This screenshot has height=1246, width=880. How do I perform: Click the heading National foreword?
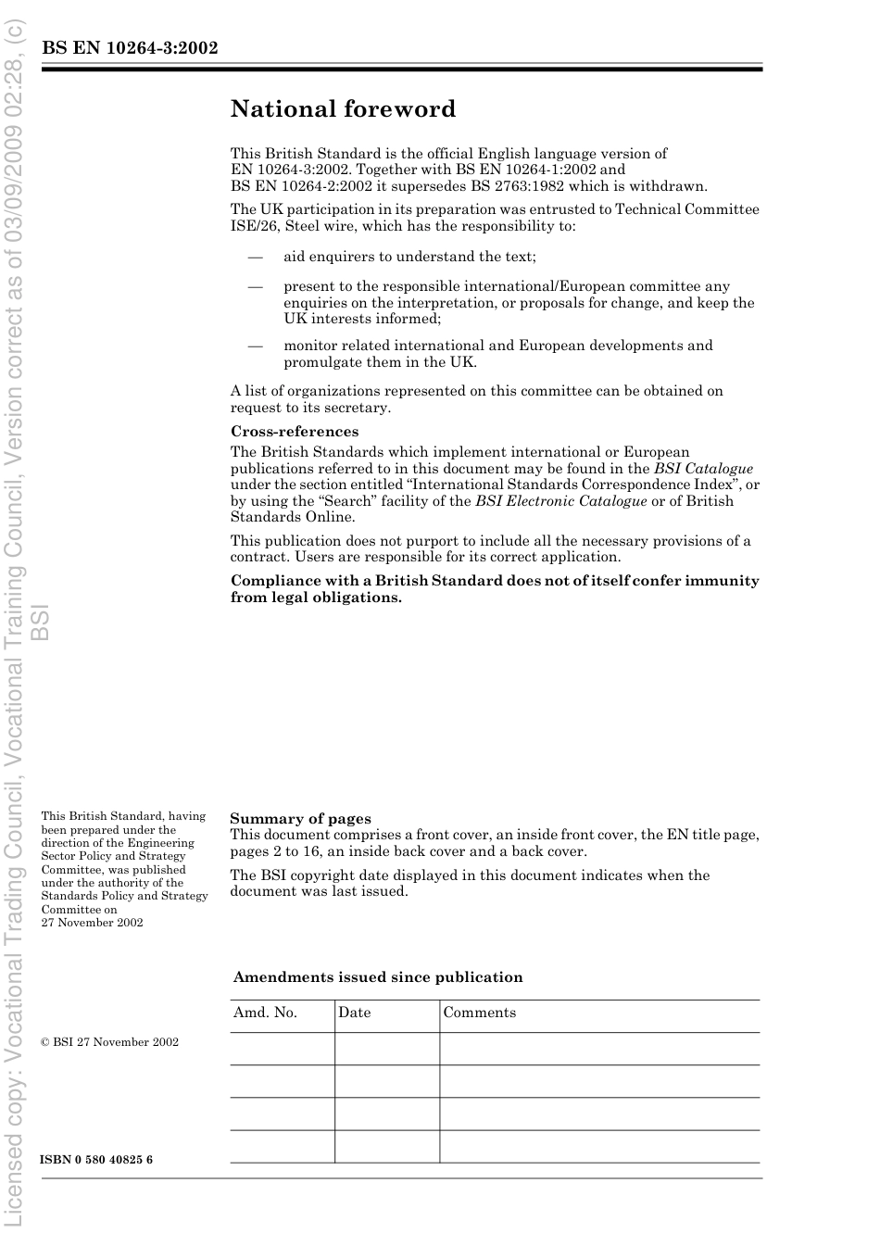pos(343,109)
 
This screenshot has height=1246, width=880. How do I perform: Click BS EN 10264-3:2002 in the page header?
pos(130,48)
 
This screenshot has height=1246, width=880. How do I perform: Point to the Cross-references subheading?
pos(294,432)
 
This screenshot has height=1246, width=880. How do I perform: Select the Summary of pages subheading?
pos(300,819)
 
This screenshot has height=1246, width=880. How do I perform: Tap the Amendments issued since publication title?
pos(377,977)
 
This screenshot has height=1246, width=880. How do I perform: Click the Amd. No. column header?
pos(265,1013)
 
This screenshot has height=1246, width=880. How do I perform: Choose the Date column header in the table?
pos(354,1013)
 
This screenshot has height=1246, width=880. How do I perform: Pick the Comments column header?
pos(479,1013)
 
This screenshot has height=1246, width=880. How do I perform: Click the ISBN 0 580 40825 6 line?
pos(96,1160)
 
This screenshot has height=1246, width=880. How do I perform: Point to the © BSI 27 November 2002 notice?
pos(109,1042)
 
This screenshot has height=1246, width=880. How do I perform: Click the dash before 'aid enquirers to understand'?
pos(255,257)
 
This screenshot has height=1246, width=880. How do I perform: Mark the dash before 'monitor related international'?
pos(255,346)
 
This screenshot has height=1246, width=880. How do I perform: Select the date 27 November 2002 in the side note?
pos(92,923)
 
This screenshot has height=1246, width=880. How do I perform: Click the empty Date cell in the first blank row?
pos(386,1049)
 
